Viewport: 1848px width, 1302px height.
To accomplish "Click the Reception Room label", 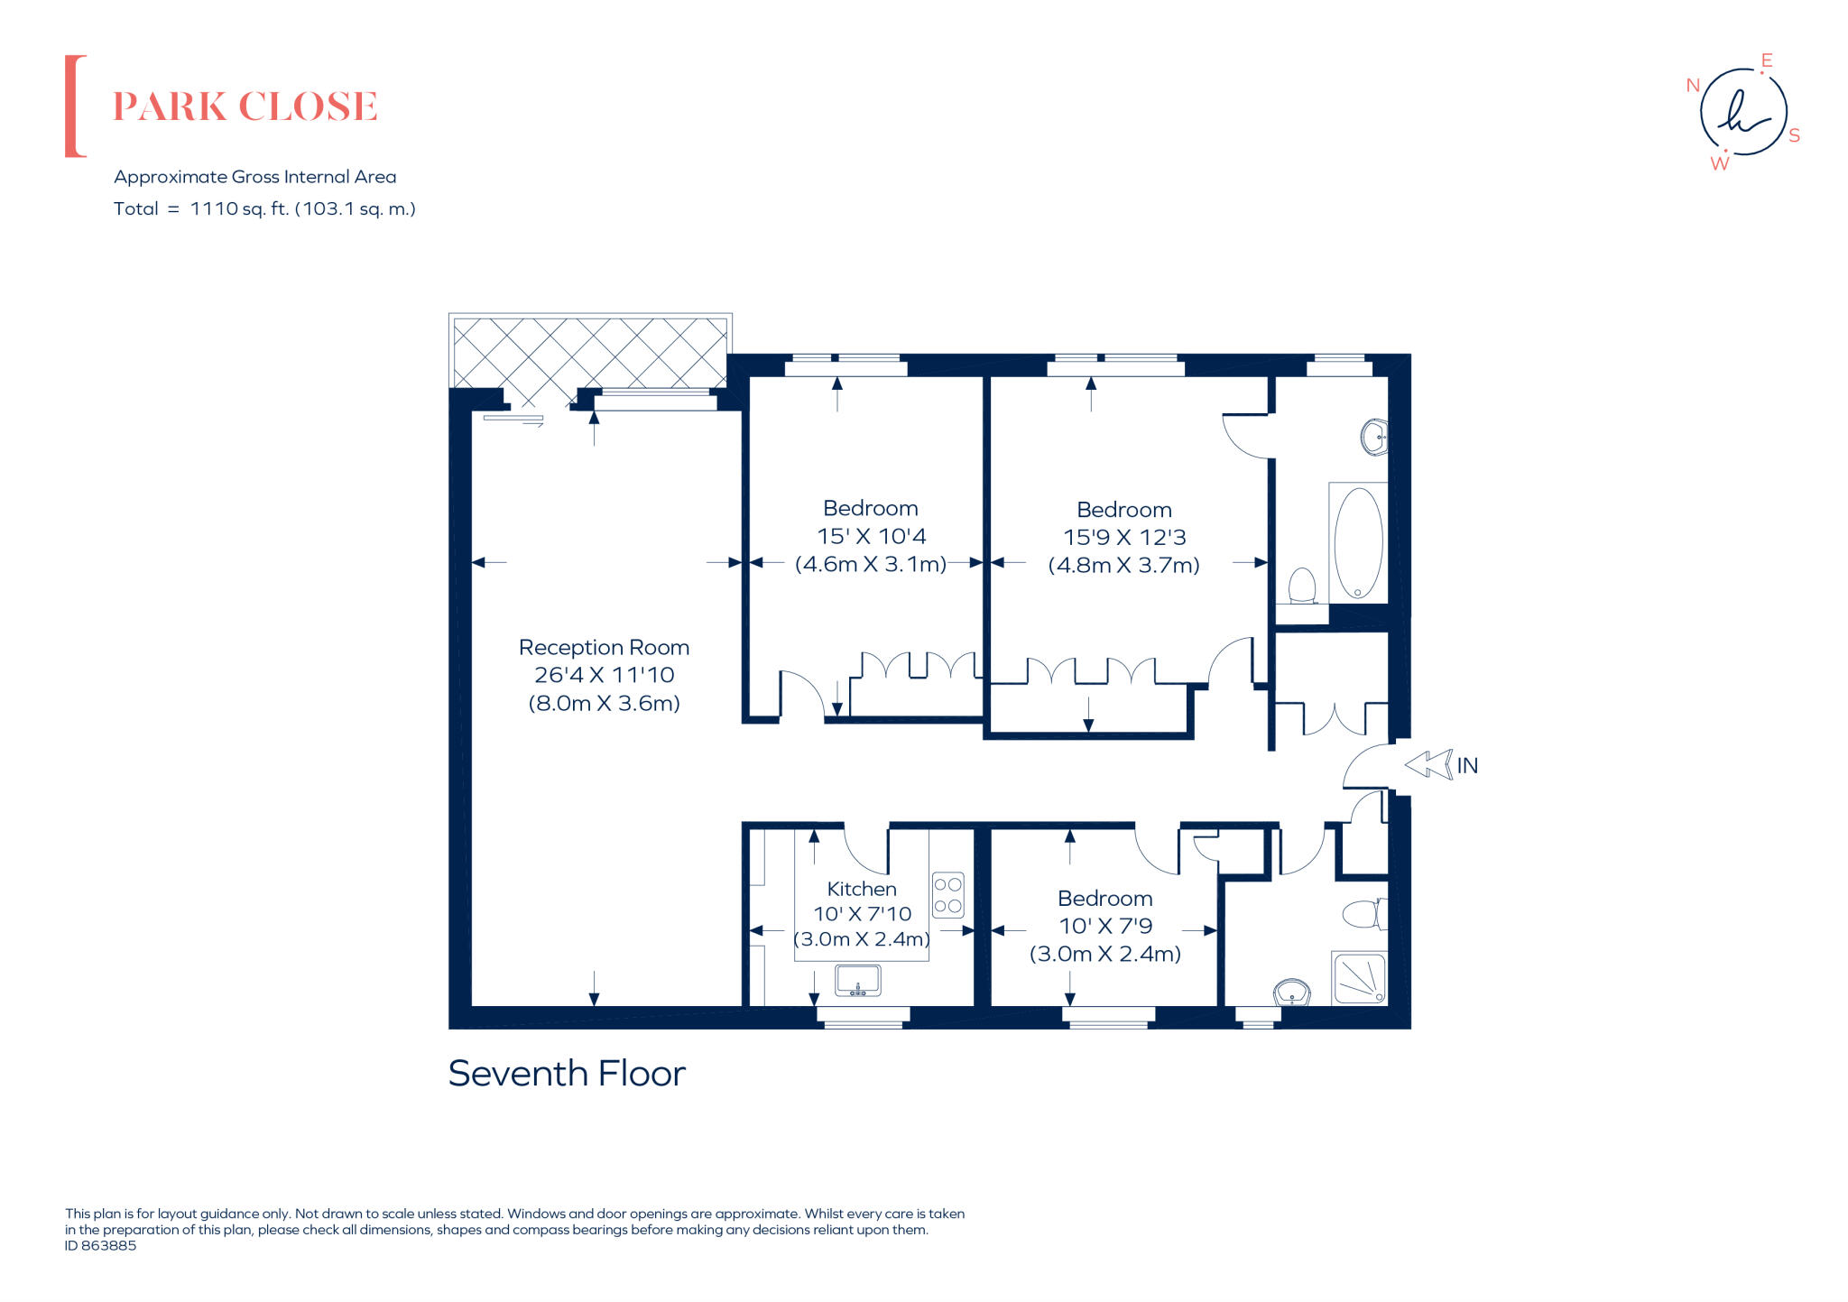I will click(x=604, y=647).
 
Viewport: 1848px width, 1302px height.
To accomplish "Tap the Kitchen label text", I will click(x=862, y=889).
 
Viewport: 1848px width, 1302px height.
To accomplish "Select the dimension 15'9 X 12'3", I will click(x=1124, y=538).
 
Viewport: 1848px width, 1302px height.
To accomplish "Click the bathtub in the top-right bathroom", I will click(x=1357, y=542).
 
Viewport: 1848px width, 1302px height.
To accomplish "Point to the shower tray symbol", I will click(x=1359, y=978).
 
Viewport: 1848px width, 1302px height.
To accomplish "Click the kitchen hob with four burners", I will click(x=947, y=895).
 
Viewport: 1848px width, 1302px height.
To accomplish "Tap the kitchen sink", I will click(x=857, y=980).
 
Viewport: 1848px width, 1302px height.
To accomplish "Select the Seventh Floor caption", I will click(x=567, y=1074).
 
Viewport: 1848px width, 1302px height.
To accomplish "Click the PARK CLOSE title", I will click(x=245, y=106).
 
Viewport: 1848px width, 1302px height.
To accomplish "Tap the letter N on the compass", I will click(x=1693, y=86).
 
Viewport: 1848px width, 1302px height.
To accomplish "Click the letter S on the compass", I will click(x=1794, y=136).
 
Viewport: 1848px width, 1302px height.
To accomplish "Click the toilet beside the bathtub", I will click(x=1301, y=586).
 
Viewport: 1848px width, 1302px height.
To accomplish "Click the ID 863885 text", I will click(x=101, y=1245).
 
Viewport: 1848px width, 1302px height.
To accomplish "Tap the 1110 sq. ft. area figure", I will click(x=240, y=208).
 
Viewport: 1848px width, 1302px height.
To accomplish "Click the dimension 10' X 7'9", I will click(x=1105, y=926).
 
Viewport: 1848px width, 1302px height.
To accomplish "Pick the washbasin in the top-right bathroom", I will click(x=1373, y=438).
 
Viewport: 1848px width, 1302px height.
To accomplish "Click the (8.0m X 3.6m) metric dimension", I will click(x=604, y=703).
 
